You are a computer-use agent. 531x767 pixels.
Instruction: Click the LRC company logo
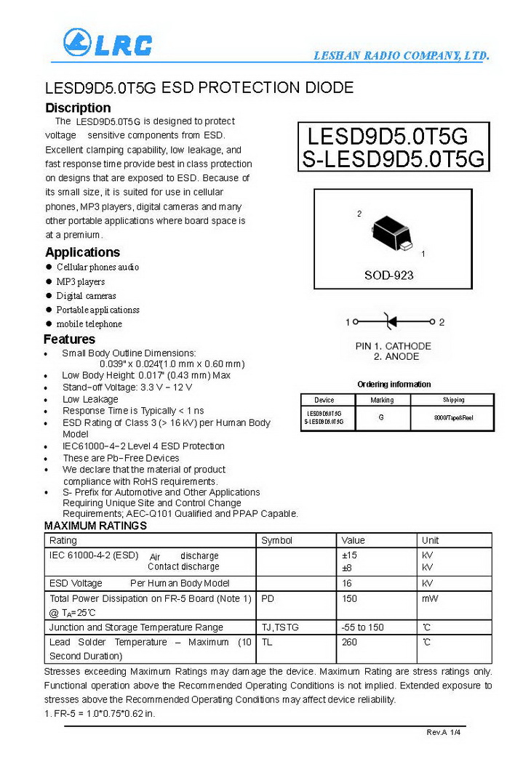108,44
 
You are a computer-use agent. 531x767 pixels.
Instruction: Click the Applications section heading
82,252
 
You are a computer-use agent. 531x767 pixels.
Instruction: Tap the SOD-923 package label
388,276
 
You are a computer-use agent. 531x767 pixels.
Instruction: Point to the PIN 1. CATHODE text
393,346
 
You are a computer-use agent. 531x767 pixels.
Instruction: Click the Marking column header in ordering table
382,400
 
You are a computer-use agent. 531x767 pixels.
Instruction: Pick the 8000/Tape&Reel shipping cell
452,418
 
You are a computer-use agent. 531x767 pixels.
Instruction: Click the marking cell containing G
381,418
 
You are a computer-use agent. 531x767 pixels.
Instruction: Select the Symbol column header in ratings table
276,540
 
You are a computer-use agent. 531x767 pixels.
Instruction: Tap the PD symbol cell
268,598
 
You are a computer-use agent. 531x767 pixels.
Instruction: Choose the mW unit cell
430,598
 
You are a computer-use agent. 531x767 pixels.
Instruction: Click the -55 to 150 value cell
362,627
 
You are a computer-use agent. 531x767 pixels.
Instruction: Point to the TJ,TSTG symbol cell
280,627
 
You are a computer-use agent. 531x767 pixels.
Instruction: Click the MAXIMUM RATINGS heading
95,526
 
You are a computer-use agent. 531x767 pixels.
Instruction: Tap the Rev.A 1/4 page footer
444,732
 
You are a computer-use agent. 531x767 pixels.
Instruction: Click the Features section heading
69,340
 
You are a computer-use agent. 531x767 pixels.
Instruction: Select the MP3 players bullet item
81,281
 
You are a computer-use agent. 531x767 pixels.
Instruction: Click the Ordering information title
394,384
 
